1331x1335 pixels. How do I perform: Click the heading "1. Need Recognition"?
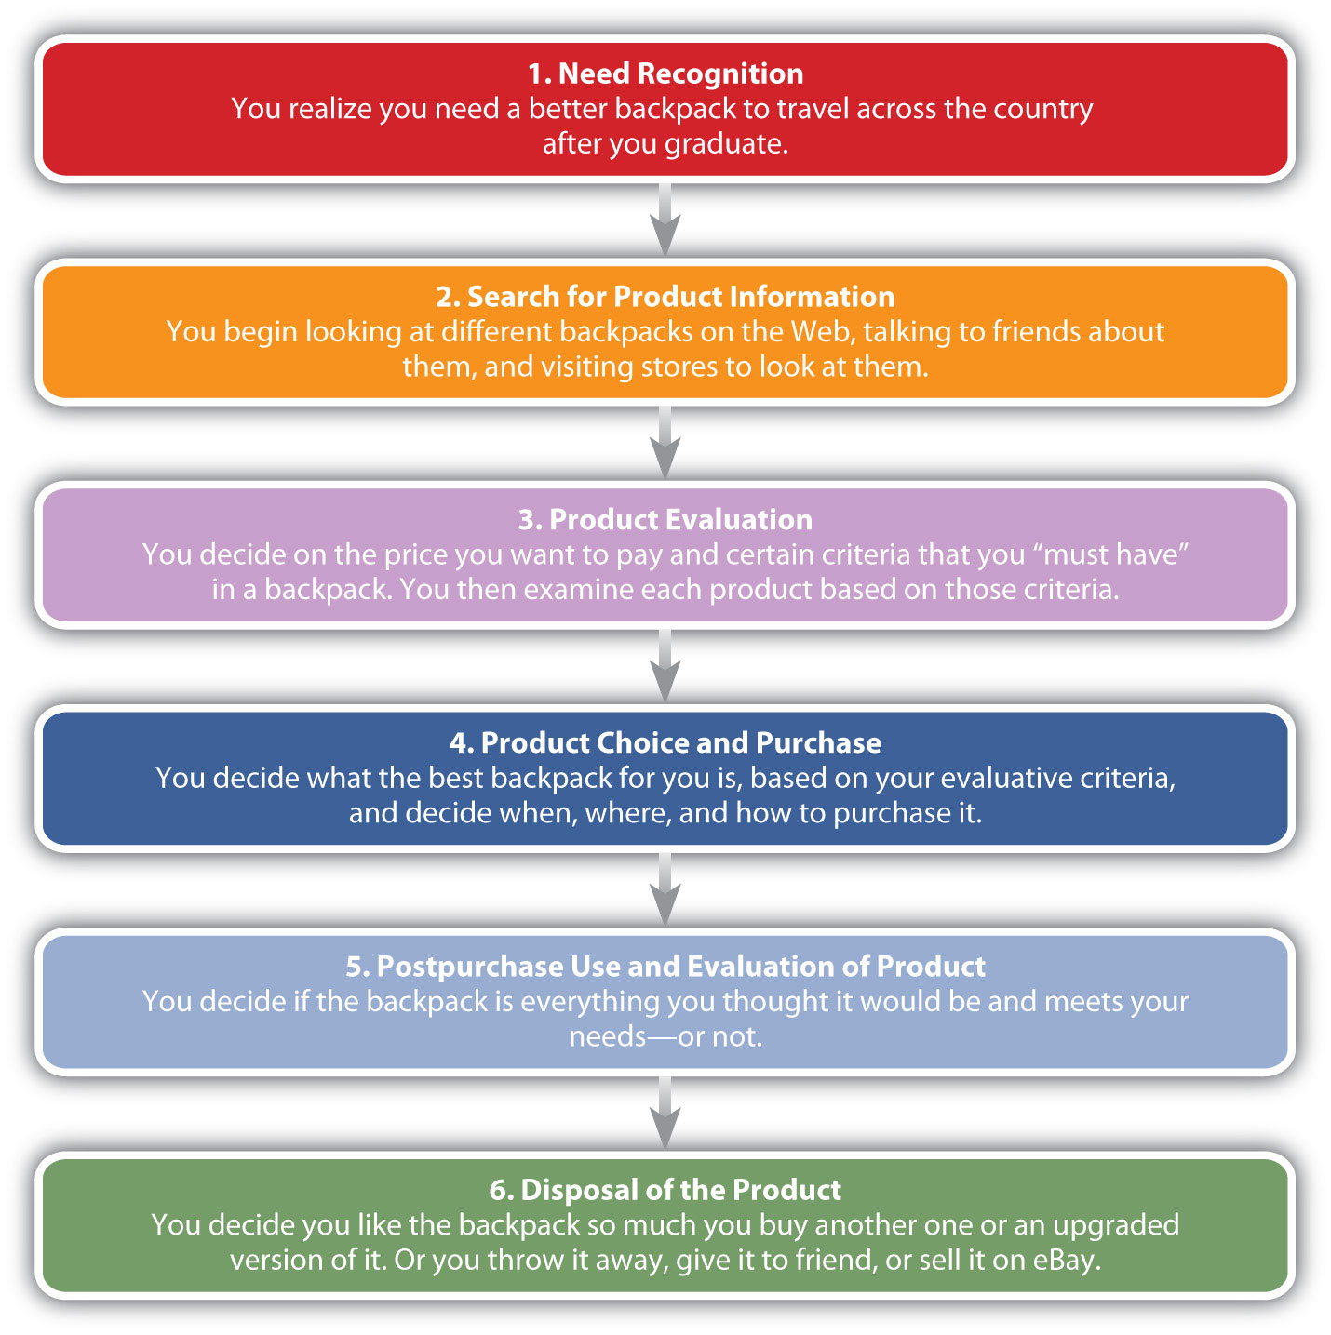(665, 73)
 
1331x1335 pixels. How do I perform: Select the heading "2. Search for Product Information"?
(665, 297)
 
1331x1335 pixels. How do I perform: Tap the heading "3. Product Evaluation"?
(665, 520)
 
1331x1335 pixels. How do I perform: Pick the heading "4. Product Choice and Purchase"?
(665, 743)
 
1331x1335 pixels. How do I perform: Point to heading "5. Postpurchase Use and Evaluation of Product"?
(665, 967)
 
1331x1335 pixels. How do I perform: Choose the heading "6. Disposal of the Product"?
(665, 1190)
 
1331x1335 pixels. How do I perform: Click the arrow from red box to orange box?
(665, 220)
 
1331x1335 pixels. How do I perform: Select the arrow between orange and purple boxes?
(665, 443)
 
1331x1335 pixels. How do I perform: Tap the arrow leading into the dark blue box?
(665, 666)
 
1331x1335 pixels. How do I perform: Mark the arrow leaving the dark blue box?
(665, 889)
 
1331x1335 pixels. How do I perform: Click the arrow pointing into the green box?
(665, 1113)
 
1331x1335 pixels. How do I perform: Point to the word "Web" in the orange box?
(820, 332)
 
